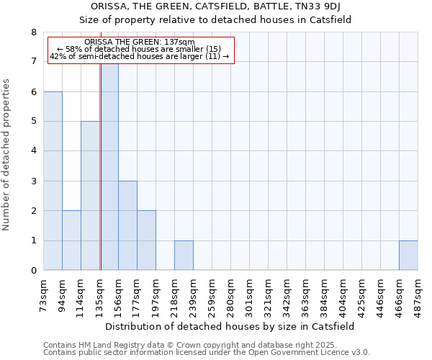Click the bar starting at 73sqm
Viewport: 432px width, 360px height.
53,181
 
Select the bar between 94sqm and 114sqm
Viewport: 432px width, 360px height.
71,240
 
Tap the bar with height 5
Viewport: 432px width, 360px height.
90,196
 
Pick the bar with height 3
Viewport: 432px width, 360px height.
127,225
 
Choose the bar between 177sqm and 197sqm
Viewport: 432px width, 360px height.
146,240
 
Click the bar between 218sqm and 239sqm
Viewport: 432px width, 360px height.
184,256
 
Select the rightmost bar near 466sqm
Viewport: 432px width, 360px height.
408,256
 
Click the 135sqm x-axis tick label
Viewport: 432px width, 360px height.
100,294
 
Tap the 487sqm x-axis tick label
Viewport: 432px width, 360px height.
418,294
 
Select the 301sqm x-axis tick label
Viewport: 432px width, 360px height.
250,294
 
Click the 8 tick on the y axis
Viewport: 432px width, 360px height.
33,32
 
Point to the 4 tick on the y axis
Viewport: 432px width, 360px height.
33,151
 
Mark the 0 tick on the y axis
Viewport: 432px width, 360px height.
33,271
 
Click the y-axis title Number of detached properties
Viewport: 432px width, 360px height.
7,155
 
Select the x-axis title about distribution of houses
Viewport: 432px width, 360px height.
235,326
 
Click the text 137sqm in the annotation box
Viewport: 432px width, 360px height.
179,42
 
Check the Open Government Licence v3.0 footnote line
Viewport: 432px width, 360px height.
207,353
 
